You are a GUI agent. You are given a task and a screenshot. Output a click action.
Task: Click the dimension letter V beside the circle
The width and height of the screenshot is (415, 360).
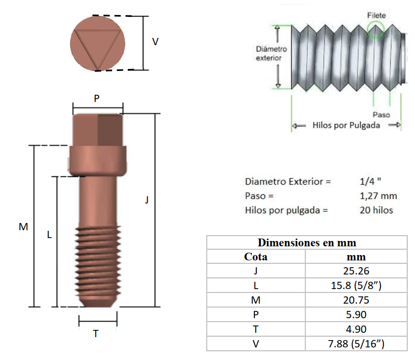[155, 42]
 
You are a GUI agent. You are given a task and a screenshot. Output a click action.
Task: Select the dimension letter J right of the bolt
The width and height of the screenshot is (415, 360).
[147, 199]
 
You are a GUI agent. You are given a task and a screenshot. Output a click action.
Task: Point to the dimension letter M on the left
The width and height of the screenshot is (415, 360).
[23, 226]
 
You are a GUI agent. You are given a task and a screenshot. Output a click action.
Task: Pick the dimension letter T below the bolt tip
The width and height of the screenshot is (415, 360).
[96, 334]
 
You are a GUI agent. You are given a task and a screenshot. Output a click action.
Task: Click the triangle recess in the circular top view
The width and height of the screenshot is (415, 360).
[98, 47]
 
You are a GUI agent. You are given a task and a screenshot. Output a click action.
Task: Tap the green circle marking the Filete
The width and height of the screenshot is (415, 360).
[376, 30]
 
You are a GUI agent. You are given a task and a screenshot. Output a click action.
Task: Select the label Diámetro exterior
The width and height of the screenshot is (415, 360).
[271, 53]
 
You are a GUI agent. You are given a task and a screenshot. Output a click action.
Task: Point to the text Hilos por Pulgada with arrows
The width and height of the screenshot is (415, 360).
[346, 125]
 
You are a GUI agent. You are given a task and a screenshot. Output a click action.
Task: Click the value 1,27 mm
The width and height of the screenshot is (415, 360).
[379, 196]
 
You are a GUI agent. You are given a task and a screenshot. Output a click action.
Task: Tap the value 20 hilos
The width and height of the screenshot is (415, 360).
[377, 210]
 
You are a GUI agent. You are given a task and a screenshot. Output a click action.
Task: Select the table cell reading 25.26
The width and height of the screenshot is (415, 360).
[356, 271]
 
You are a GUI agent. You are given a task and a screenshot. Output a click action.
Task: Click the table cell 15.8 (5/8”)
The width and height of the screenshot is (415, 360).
[356, 285]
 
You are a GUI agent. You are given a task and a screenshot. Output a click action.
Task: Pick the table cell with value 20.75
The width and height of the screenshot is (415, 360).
[356, 300]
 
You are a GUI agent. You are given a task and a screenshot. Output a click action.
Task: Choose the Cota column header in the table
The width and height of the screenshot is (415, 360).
[256, 257]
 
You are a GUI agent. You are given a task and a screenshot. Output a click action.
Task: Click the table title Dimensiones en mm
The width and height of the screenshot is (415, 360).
[307, 242]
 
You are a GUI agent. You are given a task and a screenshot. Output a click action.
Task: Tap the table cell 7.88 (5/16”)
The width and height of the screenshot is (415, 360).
[356, 344]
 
